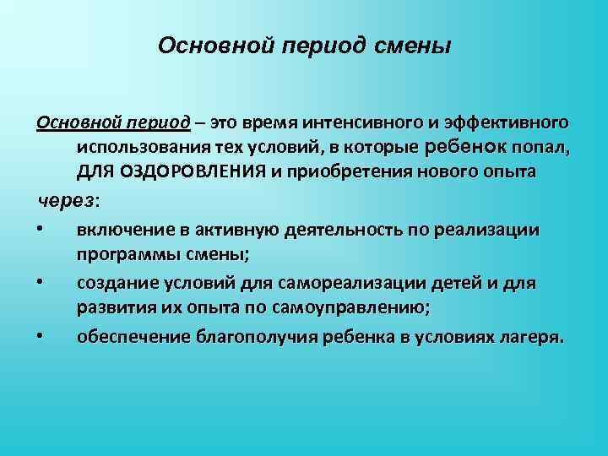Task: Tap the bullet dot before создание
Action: pyautogui.click(x=40, y=281)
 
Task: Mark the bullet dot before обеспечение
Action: pyautogui.click(x=40, y=337)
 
